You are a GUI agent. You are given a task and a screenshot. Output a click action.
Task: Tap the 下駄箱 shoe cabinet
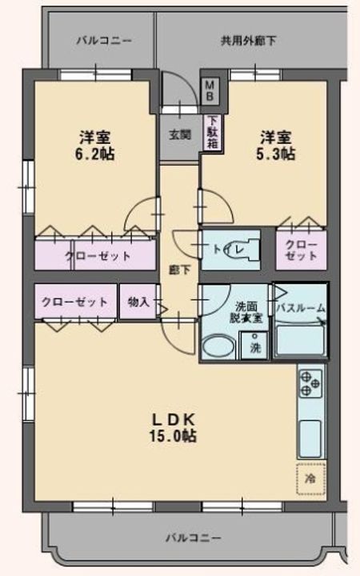coord(213,132)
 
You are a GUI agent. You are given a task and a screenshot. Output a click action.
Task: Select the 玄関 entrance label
coord(179,134)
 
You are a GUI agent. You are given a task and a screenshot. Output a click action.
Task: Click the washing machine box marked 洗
coord(254,348)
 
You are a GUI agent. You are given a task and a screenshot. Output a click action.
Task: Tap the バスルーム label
coord(300,306)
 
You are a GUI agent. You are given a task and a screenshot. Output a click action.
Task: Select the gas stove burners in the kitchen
coord(310,385)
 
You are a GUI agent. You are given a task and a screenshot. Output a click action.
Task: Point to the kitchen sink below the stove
coord(310,436)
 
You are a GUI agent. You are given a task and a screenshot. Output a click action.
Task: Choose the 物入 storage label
coord(138,302)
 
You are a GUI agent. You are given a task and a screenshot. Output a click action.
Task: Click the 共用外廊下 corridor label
coord(249,40)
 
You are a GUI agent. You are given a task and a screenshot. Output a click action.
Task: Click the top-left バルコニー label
coord(104,40)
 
